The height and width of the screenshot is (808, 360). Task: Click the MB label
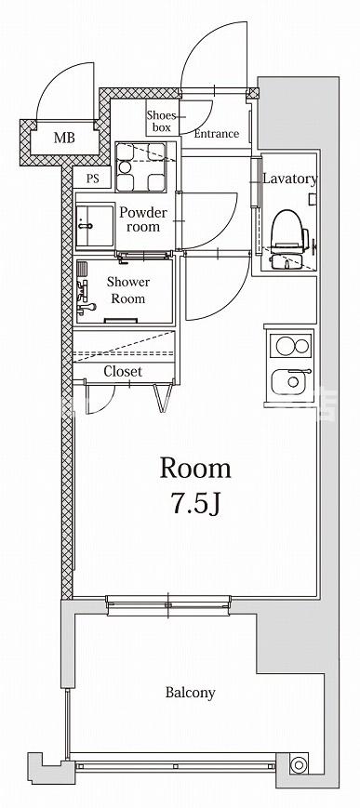(x=64, y=138)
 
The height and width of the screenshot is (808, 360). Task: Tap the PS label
(x=92, y=179)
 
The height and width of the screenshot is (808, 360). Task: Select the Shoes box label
(x=162, y=121)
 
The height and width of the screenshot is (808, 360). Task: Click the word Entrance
(x=217, y=134)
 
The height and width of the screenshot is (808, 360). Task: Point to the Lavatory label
(x=290, y=179)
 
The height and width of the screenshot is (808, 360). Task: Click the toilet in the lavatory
(x=289, y=232)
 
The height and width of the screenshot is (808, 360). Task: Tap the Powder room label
(x=143, y=219)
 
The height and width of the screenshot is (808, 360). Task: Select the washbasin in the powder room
(x=95, y=226)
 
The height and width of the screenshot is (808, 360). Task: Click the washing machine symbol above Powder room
(x=140, y=167)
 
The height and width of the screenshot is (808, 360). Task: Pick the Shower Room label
(x=128, y=290)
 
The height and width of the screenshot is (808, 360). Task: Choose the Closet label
(x=123, y=371)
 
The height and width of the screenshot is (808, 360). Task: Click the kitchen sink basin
(x=291, y=382)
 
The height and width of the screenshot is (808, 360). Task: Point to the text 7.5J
(x=196, y=505)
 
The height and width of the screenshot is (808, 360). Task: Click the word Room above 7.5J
(x=195, y=469)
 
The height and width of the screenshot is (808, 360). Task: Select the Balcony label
(x=191, y=692)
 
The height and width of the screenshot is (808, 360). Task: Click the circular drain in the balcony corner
(x=298, y=764)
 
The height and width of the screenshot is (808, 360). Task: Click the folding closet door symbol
(x=164, y=397)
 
